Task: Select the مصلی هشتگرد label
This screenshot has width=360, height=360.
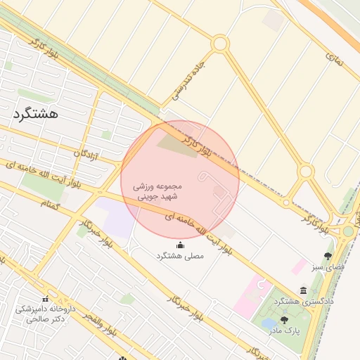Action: click(180, 257)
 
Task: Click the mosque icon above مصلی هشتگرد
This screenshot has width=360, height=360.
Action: click(180, 245)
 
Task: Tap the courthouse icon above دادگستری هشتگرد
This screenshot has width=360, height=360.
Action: click(303, 290)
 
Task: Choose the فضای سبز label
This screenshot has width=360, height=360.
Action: click(328, 268)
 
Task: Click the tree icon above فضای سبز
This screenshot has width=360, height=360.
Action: click(328, 256)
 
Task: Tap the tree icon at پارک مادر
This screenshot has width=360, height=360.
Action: click(284, 320)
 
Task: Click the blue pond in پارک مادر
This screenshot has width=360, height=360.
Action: click(269, 325)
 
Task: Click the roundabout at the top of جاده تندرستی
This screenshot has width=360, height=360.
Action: click(220, 44)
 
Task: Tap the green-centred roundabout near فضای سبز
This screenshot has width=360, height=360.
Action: click(348, 231)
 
